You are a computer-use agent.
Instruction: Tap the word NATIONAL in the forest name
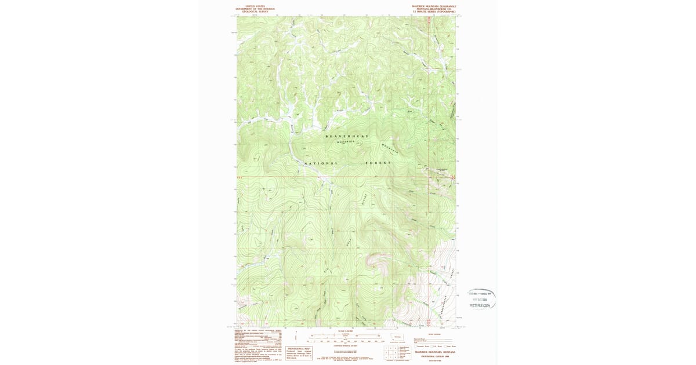[321, 163]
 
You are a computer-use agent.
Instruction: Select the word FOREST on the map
[379, 163]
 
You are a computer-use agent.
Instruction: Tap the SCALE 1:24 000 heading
[347, 331]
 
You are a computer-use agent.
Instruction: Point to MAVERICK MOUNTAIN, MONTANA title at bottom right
[435, 352]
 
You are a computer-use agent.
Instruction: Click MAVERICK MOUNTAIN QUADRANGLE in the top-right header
[434, 6]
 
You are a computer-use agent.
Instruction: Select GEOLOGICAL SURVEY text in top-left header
[251, 12]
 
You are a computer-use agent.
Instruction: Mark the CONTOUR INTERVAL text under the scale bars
[347, 345]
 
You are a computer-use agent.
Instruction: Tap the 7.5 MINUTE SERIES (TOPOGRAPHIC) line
[434, 12]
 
